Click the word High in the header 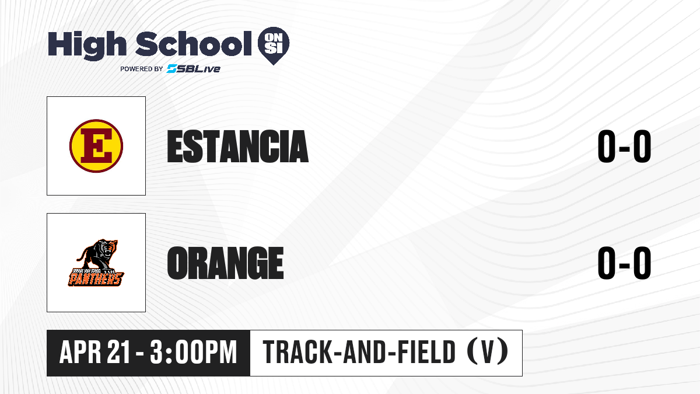point(87,45)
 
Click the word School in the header point(194,43)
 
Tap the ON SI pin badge point(274,46)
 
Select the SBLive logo point(194,69)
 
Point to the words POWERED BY point(142,69)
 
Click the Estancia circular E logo point(96,146)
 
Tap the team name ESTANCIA point(238,147)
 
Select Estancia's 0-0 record point(624,147)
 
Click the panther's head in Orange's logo point(110,248)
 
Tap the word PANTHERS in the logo point(96,279)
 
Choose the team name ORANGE point(225,263)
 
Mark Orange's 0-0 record point(624,263)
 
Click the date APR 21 point(94,353)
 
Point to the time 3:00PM point(194,353)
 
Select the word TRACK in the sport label point(297,353)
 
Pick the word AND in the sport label point(364,353)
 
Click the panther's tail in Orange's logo point(80,255)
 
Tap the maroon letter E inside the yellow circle point(96,146)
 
